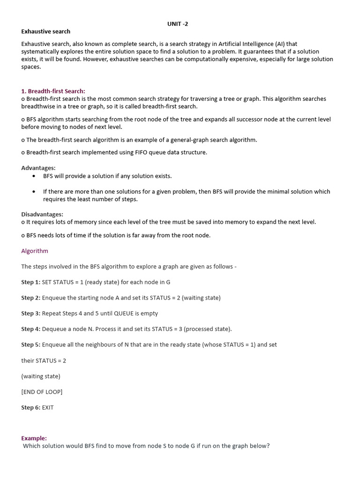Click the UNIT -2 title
point(178,24)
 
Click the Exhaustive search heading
point(45,31)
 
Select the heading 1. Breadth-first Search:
point(53,91)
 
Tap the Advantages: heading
point(38,168)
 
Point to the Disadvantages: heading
point(42,214)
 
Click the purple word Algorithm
point(35,251)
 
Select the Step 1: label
point(30,282)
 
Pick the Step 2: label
point(30,298)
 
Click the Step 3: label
point(30,313)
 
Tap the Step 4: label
point(30,329)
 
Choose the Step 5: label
point(30,345)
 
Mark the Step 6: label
point(30,407)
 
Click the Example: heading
point(34,438)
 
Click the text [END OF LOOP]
point(42,391)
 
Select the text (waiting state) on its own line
point(41,376)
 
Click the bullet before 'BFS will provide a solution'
point(34,176)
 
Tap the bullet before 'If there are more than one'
point(34,192)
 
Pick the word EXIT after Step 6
point(48,407)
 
